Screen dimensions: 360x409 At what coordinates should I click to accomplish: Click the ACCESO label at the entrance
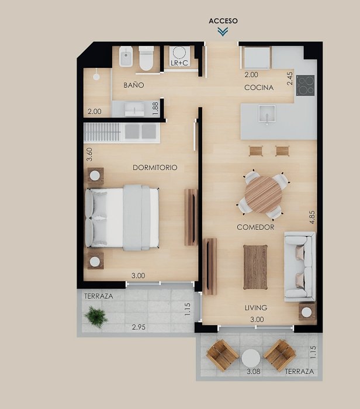pyautogui.click(x=223, y=21)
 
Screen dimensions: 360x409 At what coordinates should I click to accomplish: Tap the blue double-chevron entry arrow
pyautogui.click(x=223, y=32)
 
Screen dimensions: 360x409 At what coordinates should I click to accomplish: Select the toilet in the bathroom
pyautogui.click(x=146, y=58)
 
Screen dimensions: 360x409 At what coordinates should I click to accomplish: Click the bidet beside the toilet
pyautogui.click(x=126, y=57)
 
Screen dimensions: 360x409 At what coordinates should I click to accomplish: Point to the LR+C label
pyautogui.click(x=179, y=63)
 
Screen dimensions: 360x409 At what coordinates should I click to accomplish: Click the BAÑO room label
pyautogui.click(x=134, y=85)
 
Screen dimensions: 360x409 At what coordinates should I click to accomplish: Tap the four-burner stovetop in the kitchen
pyautogui.click(x=306, y=85)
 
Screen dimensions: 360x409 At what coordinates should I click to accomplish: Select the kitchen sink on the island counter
pyautogui.click(x=266, y=114)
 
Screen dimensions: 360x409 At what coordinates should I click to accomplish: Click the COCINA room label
pyautogui.click(x=259, y=88)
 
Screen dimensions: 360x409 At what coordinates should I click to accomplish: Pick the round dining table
pyautogui.click(x=263, y=195)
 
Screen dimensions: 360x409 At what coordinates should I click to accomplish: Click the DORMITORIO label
pyautogui.click(x=155, y=168)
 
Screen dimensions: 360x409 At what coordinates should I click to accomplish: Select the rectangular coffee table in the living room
pyautogui.click(x=255, y=267)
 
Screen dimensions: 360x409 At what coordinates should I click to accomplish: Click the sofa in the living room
pyautogui.click(x=299, y=266)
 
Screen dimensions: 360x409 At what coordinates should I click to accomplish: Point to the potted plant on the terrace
pyautogui.click(x=96, y=317)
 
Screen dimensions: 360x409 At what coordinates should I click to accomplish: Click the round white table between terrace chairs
pyautogui.click(x=251, y=358)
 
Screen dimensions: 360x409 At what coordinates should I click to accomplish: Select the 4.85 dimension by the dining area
pyautogui.click(x=311, y=217)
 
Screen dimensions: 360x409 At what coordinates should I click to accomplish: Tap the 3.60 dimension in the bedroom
pyautogui.click(x=89, y=154)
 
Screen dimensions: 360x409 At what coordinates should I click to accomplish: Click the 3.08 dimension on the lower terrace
pyautogui.click(x=254, y=371)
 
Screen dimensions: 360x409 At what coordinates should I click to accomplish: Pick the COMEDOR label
pyautogui.click(x=255, y=227)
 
